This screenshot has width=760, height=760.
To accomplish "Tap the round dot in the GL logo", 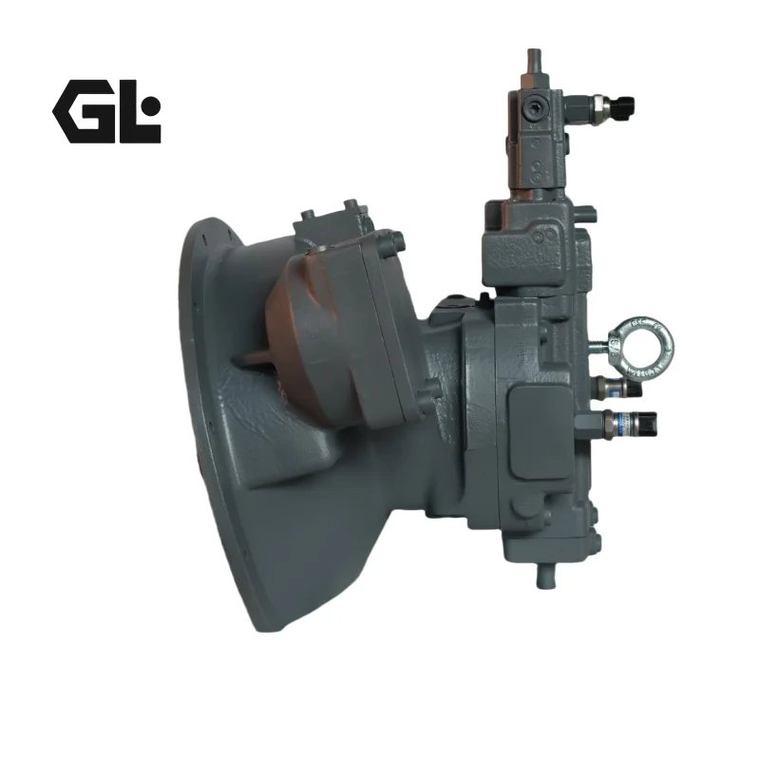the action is coord(152,105).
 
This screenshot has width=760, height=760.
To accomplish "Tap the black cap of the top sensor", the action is coord(624,106).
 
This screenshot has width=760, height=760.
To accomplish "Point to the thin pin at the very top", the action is coord(534,61).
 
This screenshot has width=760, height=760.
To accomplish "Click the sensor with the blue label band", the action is coord(630,423).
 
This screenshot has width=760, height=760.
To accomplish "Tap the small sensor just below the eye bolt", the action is coord(619,387).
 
